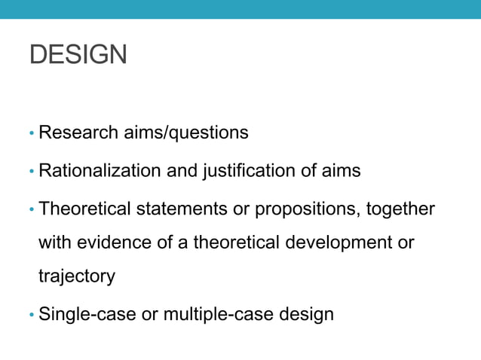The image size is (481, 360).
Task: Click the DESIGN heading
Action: tap(78, 55)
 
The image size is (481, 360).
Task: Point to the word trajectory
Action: tap(76, 276)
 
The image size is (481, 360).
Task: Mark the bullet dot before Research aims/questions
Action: tap(32, 134)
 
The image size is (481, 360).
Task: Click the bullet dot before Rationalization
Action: tap(32, 172)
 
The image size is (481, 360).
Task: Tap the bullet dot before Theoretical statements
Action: tap(32, 209)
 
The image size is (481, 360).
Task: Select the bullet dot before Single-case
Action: tap(32, 315)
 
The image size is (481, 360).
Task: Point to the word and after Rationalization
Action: tap(182, 171)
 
